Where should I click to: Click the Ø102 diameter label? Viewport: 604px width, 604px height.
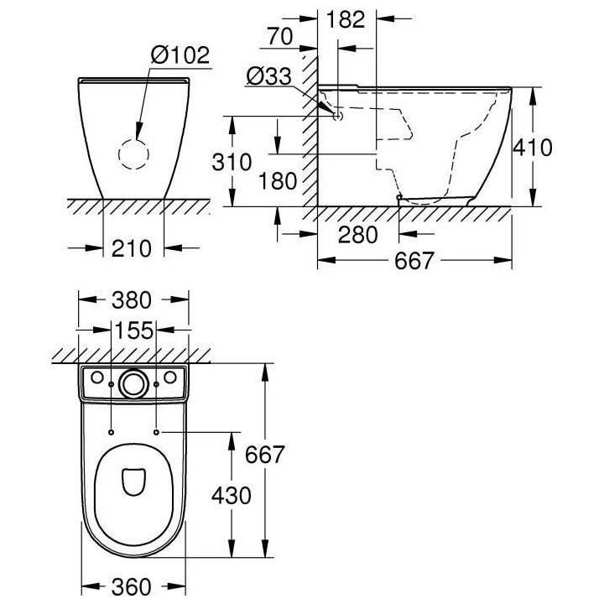[180, 56]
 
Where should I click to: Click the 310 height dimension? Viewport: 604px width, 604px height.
[231, 161]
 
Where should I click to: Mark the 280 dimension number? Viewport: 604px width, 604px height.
[358, 234]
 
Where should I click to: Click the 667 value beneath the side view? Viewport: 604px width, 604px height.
[414, 261]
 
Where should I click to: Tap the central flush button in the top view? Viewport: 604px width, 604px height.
[133, 383]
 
